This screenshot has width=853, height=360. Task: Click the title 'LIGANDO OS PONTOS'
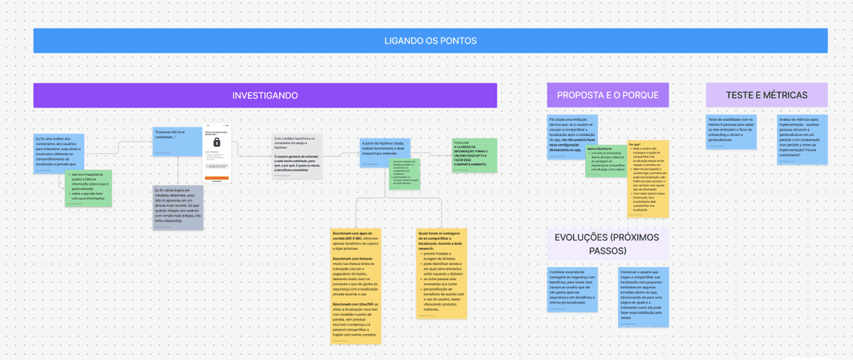point(430,41)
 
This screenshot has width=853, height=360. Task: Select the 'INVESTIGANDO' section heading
point(265,96)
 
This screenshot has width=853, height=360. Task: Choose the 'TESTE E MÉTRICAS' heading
point(766,95)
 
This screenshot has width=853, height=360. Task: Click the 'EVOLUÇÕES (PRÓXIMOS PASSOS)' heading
point(606,243)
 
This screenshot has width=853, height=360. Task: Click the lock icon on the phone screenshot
point(217,143)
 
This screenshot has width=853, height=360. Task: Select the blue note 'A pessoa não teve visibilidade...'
point(177,142)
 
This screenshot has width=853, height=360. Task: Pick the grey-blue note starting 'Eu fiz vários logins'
point(177,207)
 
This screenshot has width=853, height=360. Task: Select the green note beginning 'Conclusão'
point(474,155)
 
